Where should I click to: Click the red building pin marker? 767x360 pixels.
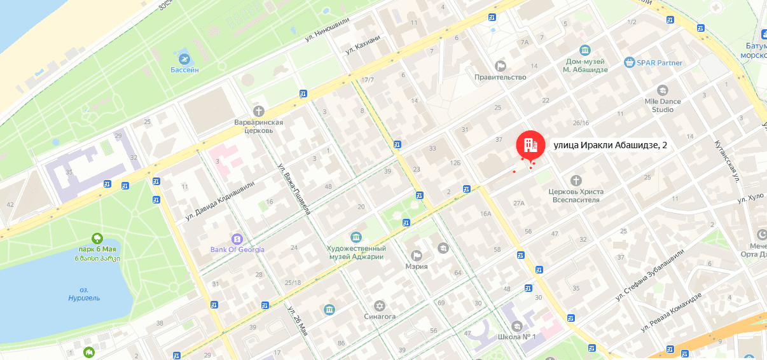click(x=530, y=144)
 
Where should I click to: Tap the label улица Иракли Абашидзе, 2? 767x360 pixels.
click(x=611, y=145)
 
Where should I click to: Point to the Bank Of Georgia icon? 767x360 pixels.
click(x=237, y=239)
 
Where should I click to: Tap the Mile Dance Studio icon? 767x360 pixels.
click(x=662, y=90)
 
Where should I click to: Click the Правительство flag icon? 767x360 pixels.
click(x=501, y=66)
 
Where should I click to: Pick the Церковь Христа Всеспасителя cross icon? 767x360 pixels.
click(x=576, y=181)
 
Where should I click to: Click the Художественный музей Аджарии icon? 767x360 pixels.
click(x=356, y=237)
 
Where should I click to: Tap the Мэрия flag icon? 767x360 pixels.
click(x=417, y=256)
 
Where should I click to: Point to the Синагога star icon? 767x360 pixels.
click(x=380, y=305)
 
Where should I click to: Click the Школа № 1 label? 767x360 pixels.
click(x=518, y=336)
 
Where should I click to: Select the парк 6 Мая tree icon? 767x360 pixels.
click(x=97, y=239)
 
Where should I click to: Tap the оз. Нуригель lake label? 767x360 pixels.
click(x=84, y=294)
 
